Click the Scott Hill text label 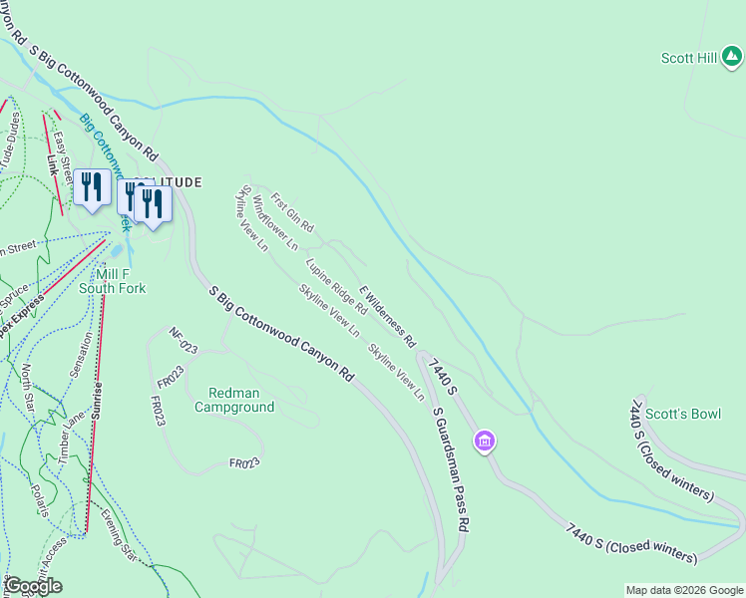(688, 58)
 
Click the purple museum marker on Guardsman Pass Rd (485, 440)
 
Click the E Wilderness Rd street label (387, 316)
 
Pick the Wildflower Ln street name (275, 222)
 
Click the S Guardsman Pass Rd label (450, 467)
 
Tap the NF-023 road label (185, 342)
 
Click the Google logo (33, 586)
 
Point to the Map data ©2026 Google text (683, 590)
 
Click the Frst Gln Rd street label (292, 212)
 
